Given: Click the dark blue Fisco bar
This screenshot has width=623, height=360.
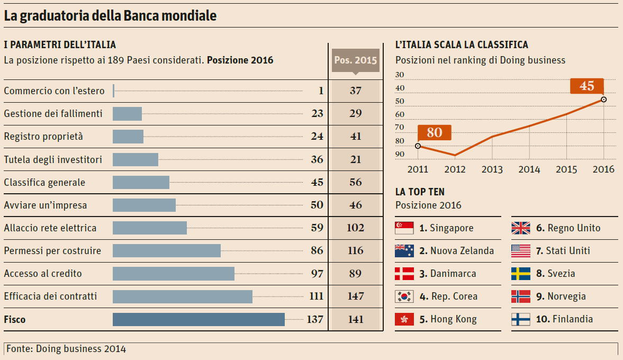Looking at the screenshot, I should (198, 319).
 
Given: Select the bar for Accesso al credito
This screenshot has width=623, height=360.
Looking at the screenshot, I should (174, 274).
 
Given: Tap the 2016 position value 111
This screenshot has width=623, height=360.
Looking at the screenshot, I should (316, 296).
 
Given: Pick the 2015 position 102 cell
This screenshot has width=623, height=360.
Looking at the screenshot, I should (356, 228).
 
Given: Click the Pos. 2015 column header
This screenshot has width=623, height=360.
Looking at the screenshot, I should (356, 60).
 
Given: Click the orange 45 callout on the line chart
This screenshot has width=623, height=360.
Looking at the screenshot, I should (586, 86).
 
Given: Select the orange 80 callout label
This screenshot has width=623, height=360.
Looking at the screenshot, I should (434, 132).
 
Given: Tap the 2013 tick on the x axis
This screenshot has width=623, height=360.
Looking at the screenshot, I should (492, 169).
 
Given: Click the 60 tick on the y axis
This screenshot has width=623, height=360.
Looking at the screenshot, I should (399, 114).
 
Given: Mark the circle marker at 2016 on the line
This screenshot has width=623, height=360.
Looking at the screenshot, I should (604, 100).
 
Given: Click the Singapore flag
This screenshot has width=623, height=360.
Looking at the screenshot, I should (404, 228).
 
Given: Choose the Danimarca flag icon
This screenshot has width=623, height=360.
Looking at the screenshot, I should (404, 274).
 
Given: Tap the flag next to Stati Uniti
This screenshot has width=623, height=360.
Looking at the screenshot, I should (521, 251).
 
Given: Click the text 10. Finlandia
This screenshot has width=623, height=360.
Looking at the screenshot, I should (564, 319).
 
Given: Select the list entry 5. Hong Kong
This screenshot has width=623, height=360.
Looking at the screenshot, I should (448, 319).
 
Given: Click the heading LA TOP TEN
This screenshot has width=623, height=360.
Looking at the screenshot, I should (420, 192).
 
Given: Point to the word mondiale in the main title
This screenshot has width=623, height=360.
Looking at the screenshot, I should (189, 16).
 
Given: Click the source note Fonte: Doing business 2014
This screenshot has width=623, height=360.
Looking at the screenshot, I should (66, 349).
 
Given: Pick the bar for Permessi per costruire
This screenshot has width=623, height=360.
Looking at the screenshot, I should (167, 251).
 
